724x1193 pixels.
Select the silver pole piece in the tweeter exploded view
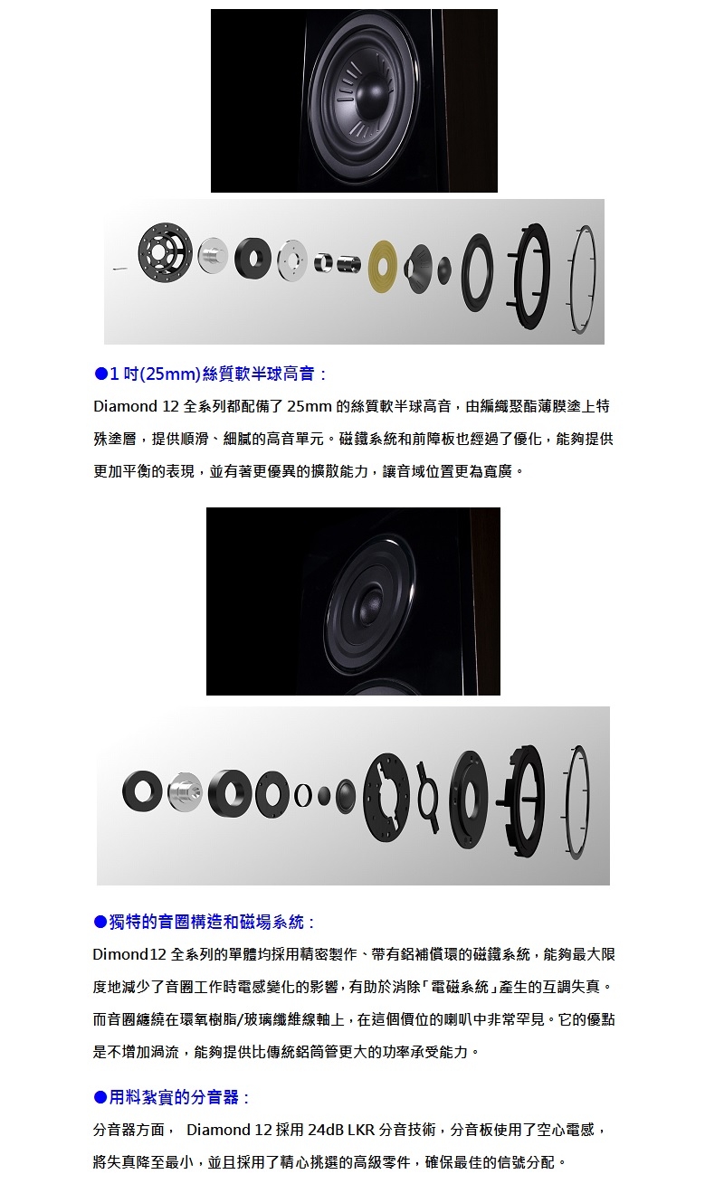tap(184, 793)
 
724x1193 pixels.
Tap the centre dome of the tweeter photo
tap(371, 601)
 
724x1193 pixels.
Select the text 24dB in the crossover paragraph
tap(325, 1130)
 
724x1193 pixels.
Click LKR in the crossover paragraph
tap(361, 1130)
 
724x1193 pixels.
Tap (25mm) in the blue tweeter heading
tap(165, 373)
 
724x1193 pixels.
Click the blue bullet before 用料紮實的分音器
tap(100, 1097)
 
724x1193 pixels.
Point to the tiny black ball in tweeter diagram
tap(323, 793)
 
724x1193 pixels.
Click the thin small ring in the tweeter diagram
tap(301, 794)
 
